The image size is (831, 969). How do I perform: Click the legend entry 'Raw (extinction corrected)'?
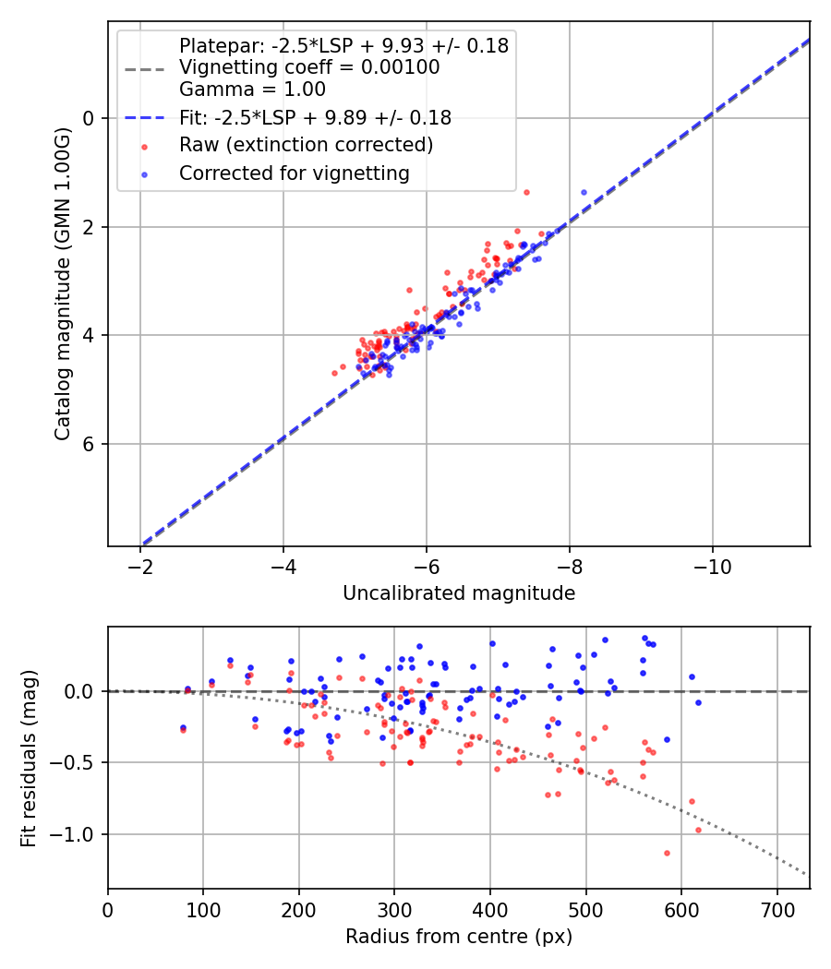306,145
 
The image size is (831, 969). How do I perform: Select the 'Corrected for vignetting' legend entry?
295,173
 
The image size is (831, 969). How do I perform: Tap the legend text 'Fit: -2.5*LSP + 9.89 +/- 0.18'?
315,117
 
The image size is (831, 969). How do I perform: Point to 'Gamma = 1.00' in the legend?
252,90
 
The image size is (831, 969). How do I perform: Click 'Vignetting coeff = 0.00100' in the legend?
309,67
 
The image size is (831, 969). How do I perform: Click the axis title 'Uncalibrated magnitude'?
459,593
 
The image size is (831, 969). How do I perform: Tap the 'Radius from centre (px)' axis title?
459,937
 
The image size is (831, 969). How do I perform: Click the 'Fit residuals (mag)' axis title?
29,758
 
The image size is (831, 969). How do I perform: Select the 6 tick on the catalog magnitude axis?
90,444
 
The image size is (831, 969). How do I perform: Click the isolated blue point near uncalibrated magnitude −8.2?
584,192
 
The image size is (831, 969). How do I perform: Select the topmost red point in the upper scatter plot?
526,192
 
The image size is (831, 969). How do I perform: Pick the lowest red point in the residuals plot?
667,853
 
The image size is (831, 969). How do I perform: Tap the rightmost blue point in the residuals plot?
698,702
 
